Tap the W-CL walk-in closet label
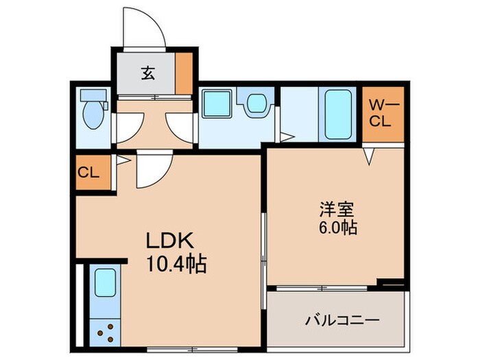(381, 113)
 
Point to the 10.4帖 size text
(175, 263)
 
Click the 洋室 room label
(334, 208)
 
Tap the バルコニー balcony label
(342, 320)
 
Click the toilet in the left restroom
(93, 115)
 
